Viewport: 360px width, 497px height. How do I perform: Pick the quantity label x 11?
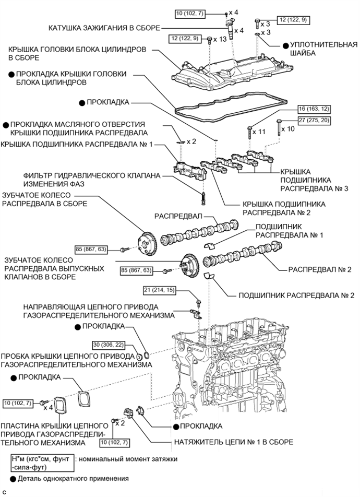pos(259,132)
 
